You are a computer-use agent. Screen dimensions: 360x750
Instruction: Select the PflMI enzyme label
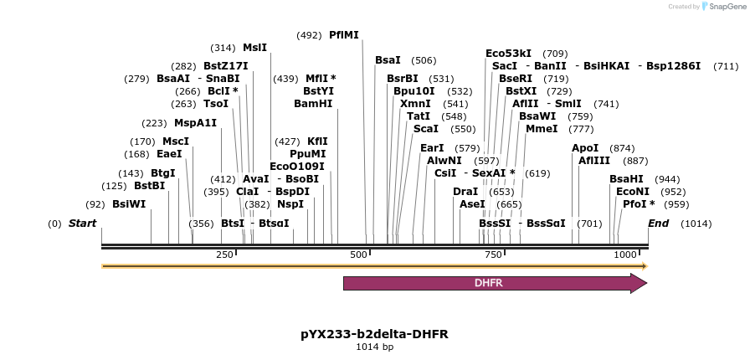click(343, 35)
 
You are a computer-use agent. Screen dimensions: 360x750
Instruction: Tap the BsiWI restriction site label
click(129, 204)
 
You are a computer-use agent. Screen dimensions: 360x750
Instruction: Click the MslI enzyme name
click(254, 48)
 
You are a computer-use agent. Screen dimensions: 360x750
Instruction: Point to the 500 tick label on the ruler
click(358, 255)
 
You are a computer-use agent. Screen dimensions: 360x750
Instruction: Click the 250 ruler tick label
click(224, 255)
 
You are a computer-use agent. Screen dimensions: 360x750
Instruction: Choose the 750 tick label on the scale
click(492, 255)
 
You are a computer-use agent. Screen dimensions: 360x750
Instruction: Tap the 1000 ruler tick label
click(624, 255)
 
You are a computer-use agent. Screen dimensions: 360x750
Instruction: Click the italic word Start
click(82, 224)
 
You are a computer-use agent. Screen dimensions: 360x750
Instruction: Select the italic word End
click(658, 224)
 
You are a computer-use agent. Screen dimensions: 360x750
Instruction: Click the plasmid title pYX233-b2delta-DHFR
click(374, 334)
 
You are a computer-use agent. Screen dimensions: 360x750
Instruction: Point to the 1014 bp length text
click(374, 347)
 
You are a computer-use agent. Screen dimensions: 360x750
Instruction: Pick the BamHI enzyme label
click(313, 104)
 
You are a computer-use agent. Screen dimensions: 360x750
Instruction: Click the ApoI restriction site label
click(585, 148)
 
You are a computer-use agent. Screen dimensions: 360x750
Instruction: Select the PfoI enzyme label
click(639, 204)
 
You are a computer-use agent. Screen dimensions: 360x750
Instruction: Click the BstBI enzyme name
click(149, 186)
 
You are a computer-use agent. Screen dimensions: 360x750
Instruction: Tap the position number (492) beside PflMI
click(309, 35)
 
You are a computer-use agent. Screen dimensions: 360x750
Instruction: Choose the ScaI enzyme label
click(426, 129)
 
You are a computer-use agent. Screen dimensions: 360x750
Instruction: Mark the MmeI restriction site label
click(542, 129)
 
